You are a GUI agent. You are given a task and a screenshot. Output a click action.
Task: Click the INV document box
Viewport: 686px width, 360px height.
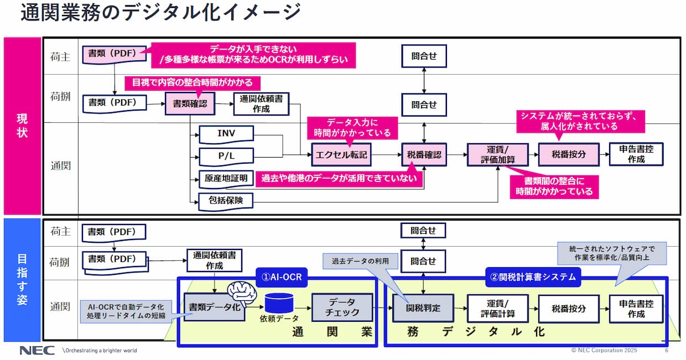point(226,133)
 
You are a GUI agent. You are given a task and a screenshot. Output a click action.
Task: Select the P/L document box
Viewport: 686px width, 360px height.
point(226,156)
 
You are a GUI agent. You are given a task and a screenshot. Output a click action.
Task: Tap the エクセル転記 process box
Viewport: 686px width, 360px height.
point(341,155)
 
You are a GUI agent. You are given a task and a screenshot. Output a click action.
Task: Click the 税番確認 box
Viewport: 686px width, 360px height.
point(424,155)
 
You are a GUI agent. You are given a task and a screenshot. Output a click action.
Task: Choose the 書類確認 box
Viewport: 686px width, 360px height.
point(190,103)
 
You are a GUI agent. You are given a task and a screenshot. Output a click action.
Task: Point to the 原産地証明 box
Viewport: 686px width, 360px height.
point(226,178)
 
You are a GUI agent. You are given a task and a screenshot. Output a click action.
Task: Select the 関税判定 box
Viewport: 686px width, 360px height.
point(423,308)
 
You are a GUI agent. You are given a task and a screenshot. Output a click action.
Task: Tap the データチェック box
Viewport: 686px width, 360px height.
point(344,308)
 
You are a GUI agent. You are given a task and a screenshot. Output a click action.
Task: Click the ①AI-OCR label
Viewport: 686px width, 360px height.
point(282,276)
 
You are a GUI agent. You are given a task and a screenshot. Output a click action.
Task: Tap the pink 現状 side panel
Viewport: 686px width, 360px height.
point(22,126)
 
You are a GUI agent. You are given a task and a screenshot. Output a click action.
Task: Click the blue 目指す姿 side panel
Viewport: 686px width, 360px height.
point(22,280)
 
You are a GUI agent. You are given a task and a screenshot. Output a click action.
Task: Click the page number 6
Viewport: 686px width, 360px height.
point(667,351)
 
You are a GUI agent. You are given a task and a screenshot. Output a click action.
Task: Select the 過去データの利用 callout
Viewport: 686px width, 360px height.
point(360,261)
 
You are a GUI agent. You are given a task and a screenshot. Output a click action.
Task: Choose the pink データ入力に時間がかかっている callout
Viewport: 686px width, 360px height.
point(352,128)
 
